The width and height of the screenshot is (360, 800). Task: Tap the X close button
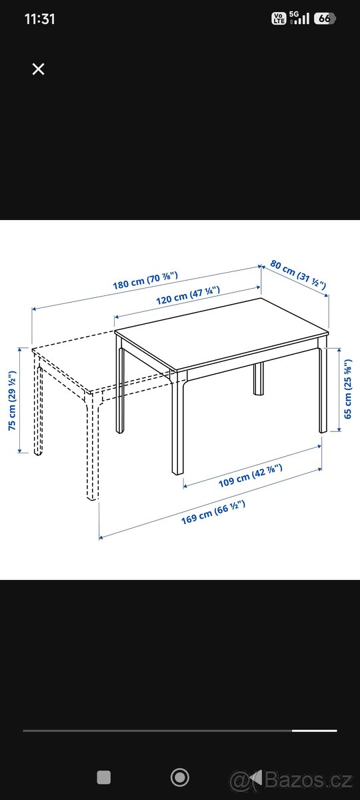point(38,69)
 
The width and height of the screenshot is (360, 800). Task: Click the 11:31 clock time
point(40,19)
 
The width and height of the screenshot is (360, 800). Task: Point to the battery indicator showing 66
point(325,18)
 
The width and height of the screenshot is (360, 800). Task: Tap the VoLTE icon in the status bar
point(279,18)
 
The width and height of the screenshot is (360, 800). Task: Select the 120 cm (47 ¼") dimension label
point(188,295)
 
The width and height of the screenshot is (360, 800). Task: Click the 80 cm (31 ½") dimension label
point(298,274)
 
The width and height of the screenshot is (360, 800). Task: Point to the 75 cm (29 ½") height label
point(12,401)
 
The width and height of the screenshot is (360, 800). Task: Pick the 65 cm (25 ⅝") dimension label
point(347,389)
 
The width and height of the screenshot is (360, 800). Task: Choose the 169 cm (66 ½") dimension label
point(213,512)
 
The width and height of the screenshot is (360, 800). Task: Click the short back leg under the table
point(259,379)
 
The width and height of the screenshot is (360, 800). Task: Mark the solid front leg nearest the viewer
point(177,425)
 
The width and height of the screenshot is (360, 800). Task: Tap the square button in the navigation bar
point(104,777)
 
